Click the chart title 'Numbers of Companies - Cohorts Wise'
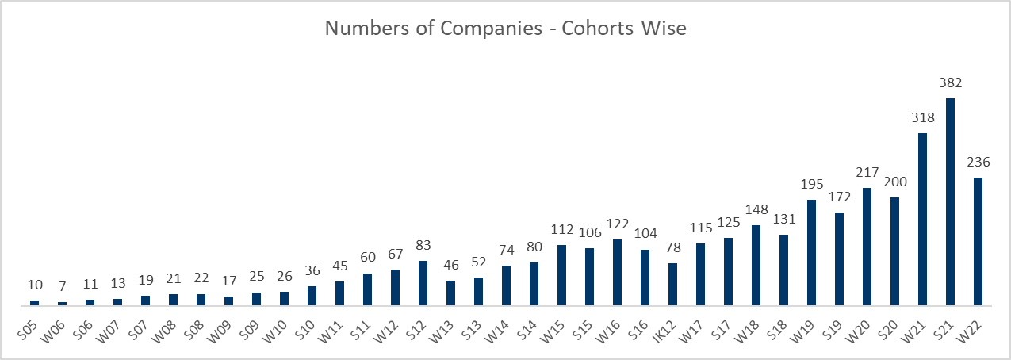(505, 29)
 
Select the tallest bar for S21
(950, 202)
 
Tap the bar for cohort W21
(922, 220)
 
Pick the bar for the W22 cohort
(978, 242)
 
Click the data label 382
(950, 82)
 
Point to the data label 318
(922, 117)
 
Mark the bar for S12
(423, 283)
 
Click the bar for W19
(811, 253)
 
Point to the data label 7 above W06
(62, 286)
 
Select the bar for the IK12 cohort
(672, 285)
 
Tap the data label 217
(867, 172)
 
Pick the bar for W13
(450, 293)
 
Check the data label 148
(756, 209)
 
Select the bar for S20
(894, 251)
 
